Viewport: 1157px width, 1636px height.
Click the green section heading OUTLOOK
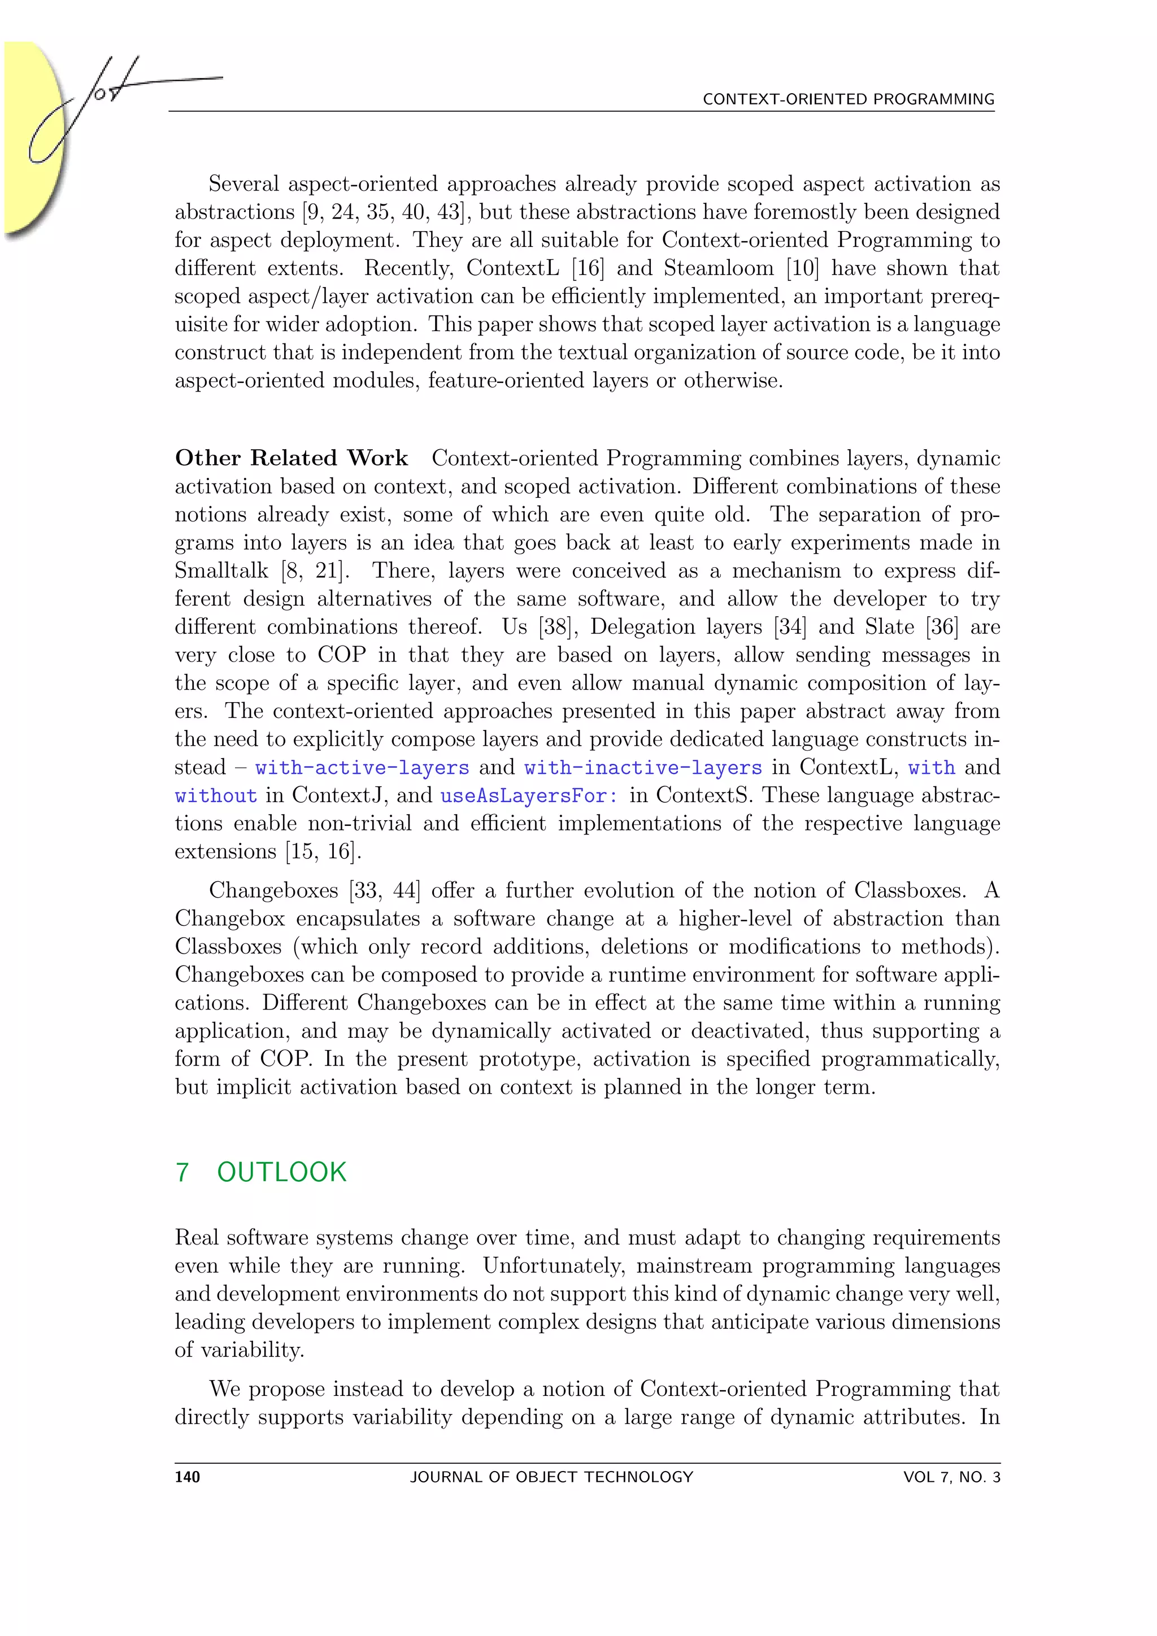point(281,1172)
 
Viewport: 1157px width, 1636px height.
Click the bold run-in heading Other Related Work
point(292,458)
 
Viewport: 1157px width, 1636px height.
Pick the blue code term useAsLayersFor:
point(529,796)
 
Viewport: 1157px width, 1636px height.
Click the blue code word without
point(216,796)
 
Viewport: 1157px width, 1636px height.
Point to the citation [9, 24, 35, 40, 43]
point(387,212)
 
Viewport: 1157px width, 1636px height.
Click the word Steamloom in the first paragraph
point(718,269)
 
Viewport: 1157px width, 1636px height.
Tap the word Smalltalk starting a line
point(221,571)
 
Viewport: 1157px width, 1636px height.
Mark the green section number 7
point(182,1172)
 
